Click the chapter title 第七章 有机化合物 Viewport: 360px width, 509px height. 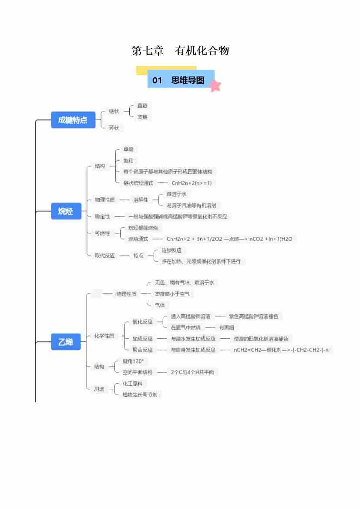(180, 51)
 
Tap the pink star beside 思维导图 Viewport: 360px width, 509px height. (215, 86)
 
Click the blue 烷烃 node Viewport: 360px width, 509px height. (66, 212)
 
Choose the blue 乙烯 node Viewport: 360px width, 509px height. (66, 342)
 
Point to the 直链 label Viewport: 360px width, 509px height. (142, 106)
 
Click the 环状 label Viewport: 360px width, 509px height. (114, 128)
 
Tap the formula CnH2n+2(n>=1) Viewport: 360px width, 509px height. (192, 183)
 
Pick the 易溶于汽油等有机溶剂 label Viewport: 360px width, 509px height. (188, 205)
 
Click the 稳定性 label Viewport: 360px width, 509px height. (102, 216)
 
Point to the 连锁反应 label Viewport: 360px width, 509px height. (172, 250)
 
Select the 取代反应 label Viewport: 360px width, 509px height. (105, 256)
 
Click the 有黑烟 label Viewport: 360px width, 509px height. (226, 327)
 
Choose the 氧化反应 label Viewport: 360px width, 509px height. (142, 322)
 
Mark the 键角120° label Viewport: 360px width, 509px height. (133, 361)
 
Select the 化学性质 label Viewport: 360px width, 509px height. (104, 336)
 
